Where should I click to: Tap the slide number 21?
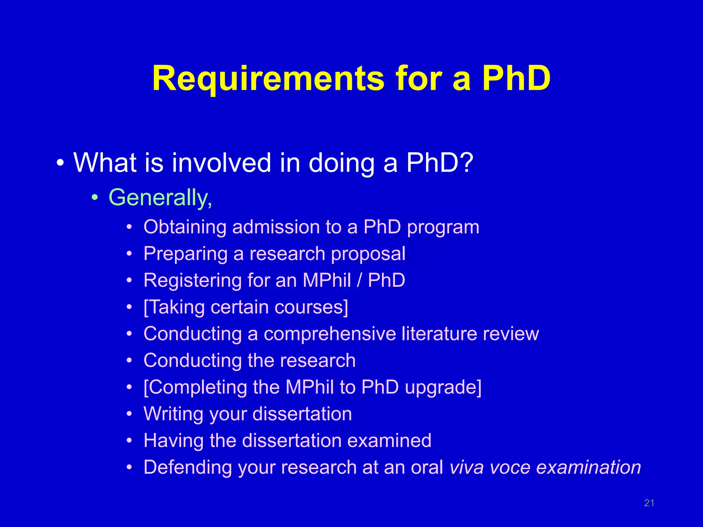coord(649,503)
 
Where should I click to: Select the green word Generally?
coord(160,198)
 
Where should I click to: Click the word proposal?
coord(368,254)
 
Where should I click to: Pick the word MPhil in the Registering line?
coord(327,280)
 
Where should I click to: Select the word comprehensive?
coord(330,334)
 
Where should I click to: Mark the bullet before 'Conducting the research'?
coord(129,361)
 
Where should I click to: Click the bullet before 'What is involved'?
coord(60,163)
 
